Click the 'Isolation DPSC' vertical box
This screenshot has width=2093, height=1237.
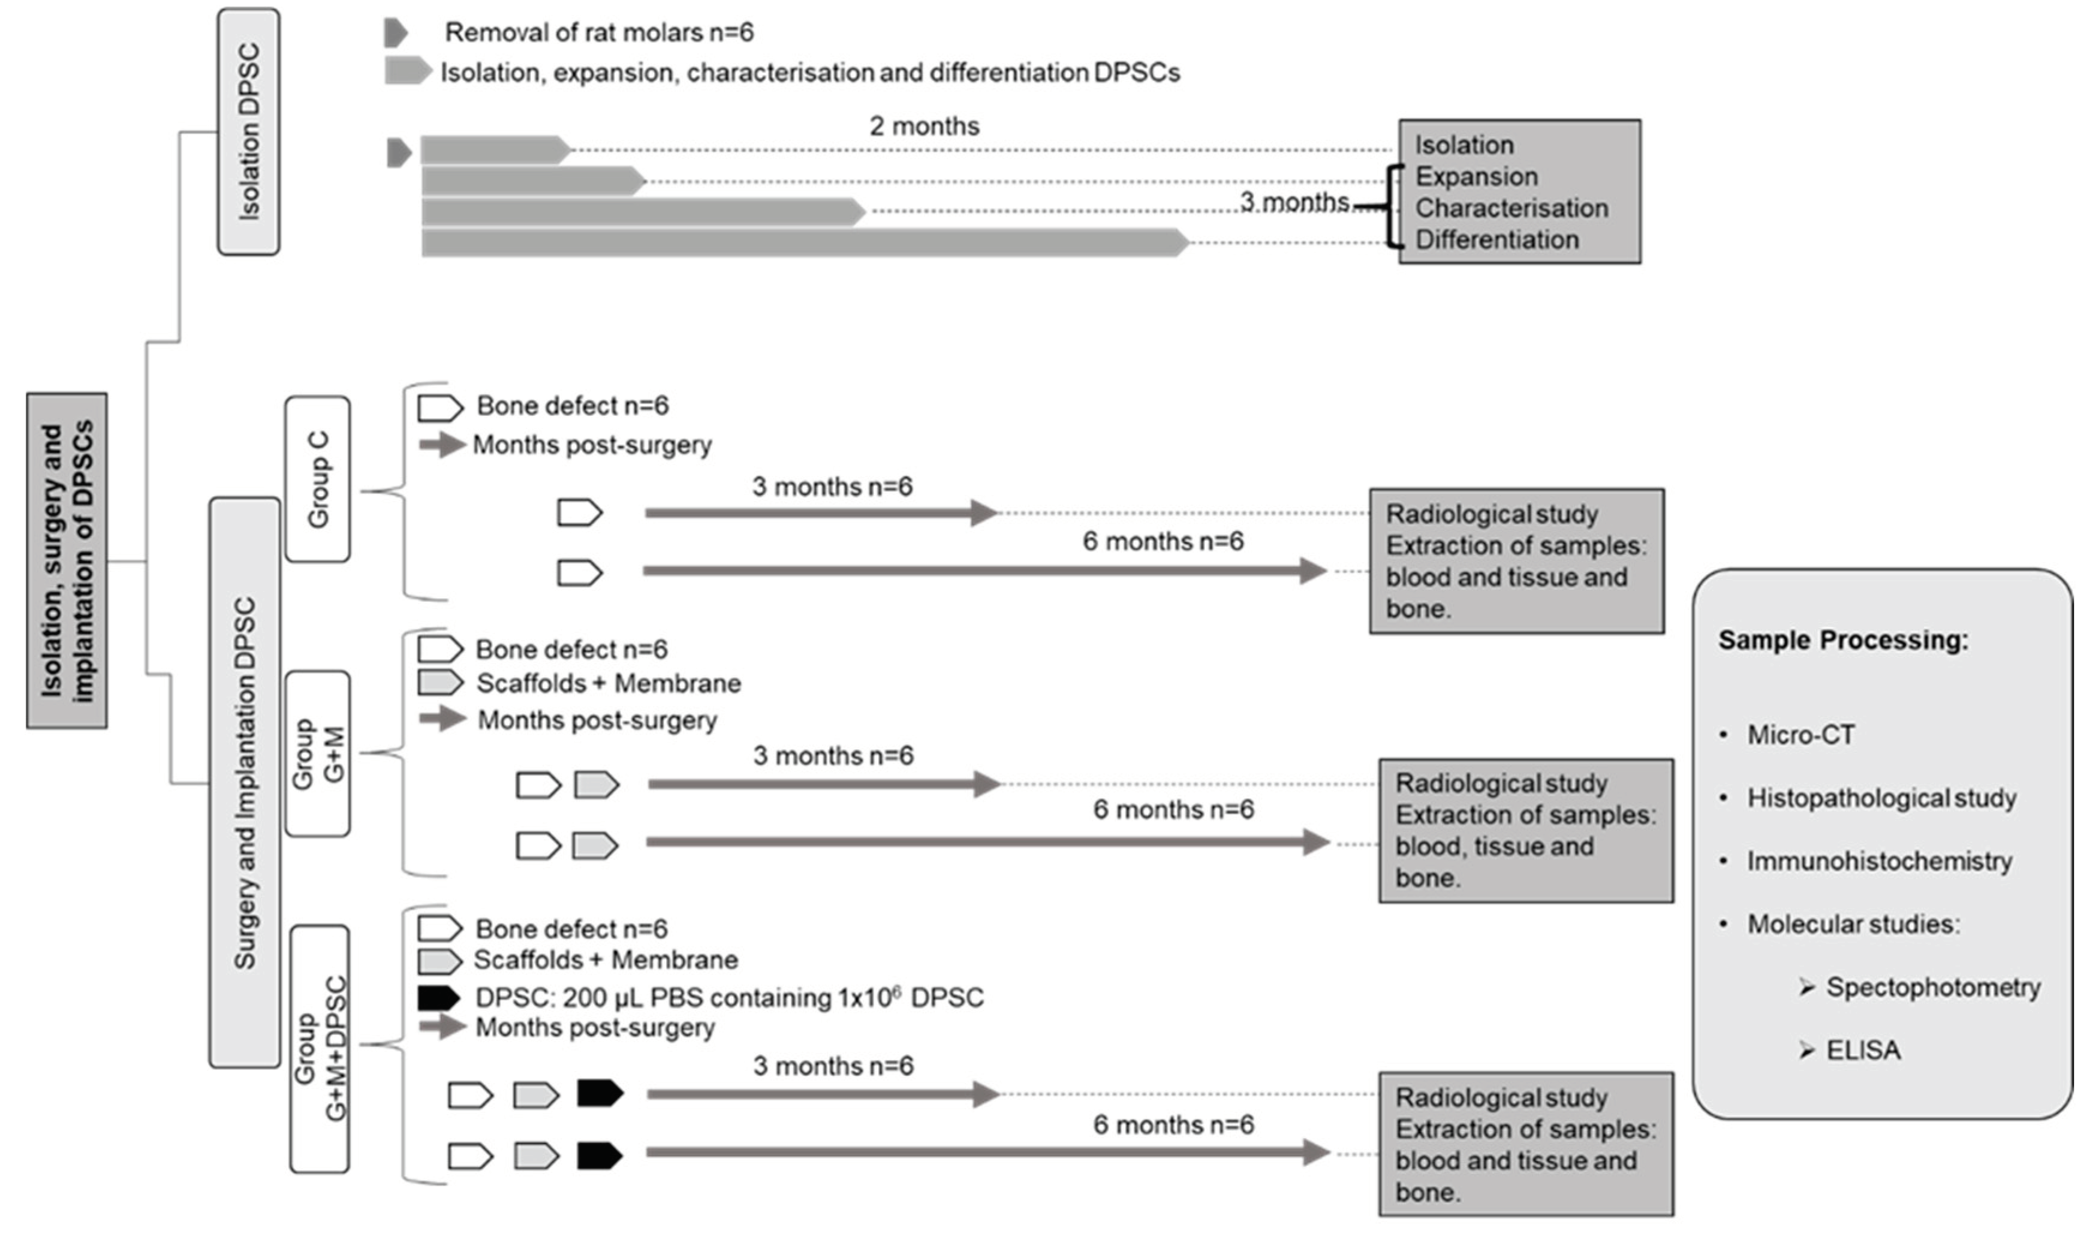pyautogui.click(x=248, y=132)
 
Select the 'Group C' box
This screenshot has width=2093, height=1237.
pyautogui.click(x=318, y=479)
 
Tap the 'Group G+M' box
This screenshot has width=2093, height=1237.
pyautogui.click(x=318, y=753)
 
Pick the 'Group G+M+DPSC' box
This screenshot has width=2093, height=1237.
pyautogui.click(x=320, y=1049)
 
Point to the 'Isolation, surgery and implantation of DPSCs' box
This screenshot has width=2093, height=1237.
pyautogui.click(x=67, y=561)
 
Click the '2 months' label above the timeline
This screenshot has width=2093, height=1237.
pyautogui.click(x=924, y=126)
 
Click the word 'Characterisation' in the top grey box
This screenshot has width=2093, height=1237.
pyautogui.click(x=1511, y=209)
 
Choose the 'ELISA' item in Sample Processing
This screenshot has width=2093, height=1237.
pyautogui.click(x=1863, y=1050)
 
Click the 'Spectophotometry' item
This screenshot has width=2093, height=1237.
pyautogui.click(x=1932, y=988)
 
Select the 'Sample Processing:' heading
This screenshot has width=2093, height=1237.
pyautogui.click(x=1843, y=640)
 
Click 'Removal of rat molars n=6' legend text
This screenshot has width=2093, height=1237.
pyautogui.click(x=599, y=32)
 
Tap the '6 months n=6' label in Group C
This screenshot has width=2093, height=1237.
pyautogui.click(x=1163, y=542)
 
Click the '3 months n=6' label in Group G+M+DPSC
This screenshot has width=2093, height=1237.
pyautogui.click(x=833, y=1066)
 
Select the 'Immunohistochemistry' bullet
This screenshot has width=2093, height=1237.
pyautogui.click(x=1879, y=861)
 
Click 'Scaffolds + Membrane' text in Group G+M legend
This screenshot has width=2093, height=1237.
pyautogui.click(x=608, y=683)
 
